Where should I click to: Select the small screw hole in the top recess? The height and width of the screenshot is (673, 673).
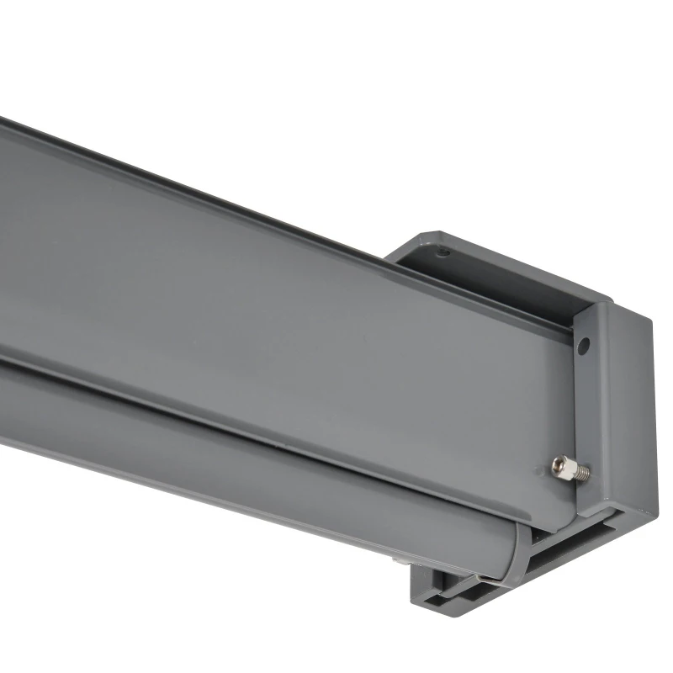point(446,251)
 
